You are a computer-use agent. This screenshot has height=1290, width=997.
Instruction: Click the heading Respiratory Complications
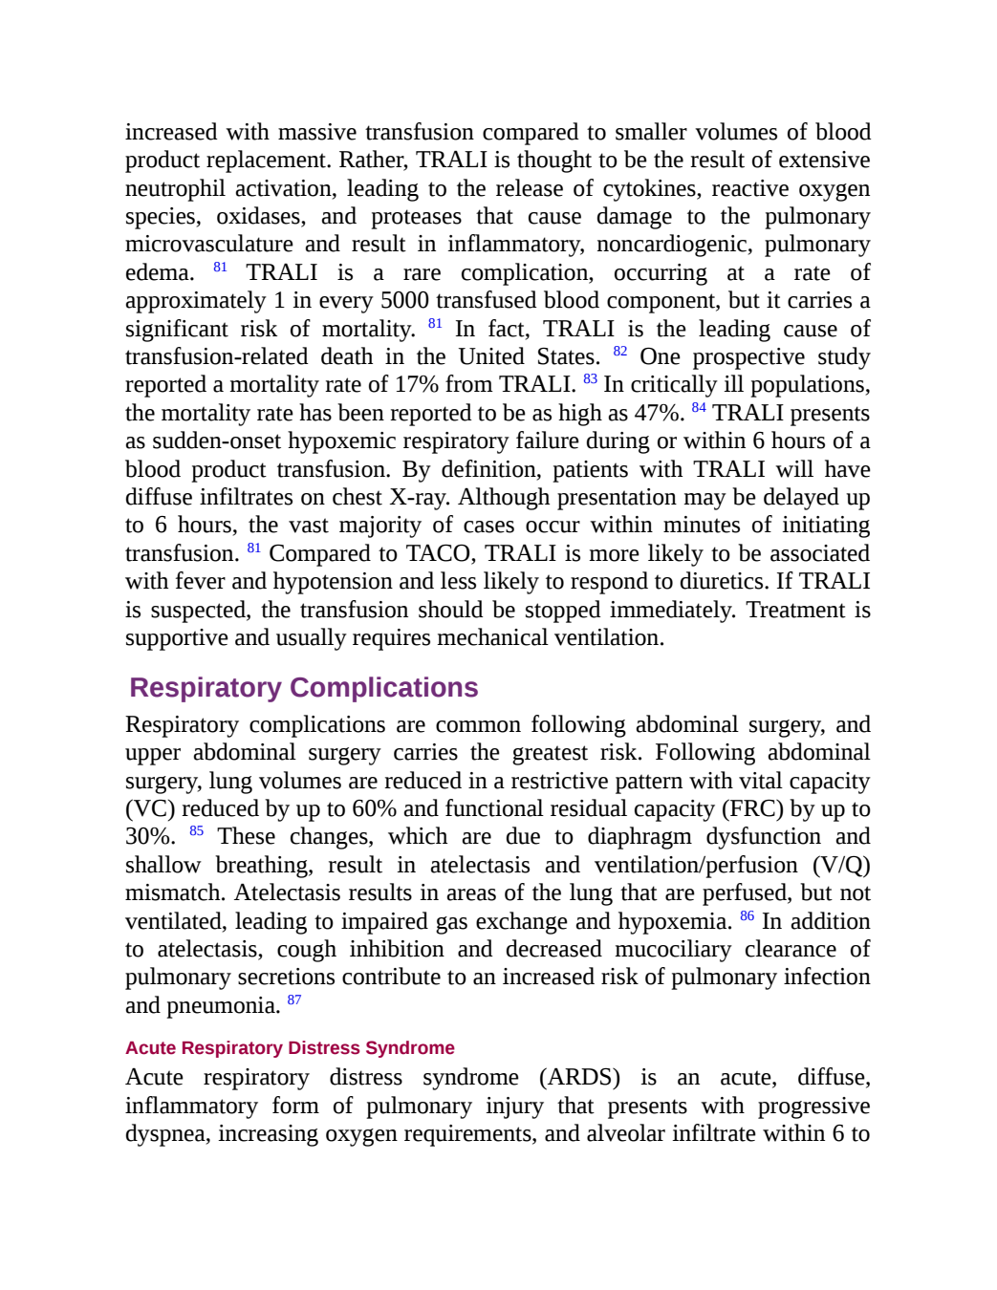coord(303,687)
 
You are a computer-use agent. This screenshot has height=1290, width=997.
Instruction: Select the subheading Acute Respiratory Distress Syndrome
coord(290,1048)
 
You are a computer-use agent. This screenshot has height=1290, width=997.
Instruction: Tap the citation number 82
coord(620,351)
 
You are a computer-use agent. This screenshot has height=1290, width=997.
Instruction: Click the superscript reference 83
coord(590,378)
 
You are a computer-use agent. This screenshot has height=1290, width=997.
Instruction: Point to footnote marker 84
coord(699,407)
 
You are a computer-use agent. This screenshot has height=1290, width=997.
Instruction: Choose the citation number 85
coord(197,830)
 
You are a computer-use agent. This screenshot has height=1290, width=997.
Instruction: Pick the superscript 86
coord(747,916)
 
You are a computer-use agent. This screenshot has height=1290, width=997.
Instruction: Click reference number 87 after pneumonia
coord(293,1000)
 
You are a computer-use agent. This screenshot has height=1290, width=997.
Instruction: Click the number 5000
coord(404,300)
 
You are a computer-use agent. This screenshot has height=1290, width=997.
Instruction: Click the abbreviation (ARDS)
coord(579,1078)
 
